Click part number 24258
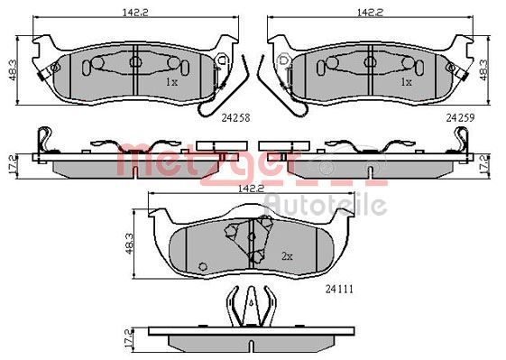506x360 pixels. pos(235,118)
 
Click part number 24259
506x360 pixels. pos(461,118)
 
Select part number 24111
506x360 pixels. pos(339,290)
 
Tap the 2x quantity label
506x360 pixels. pos(287,256)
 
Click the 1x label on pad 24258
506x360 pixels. pos(171,82)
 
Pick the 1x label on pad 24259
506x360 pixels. pos(406,82)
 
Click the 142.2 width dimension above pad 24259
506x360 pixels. pos(370,13)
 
